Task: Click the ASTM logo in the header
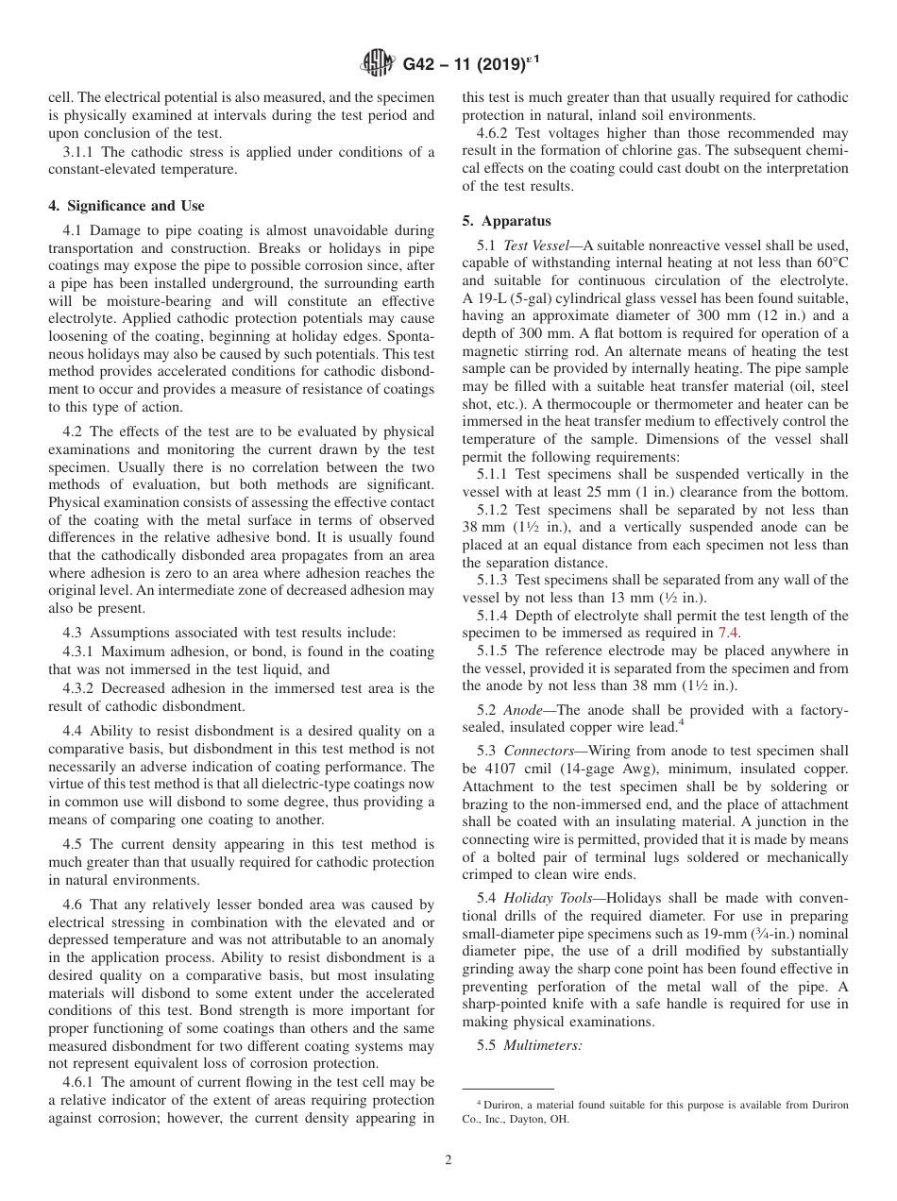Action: click(x=379, y=64)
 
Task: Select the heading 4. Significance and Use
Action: click(x=126, y=206)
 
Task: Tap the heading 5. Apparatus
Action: click(x=506, y=222)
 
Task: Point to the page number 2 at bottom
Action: click(x=448, y=1160)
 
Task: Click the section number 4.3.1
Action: click(x=79, y=651)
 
